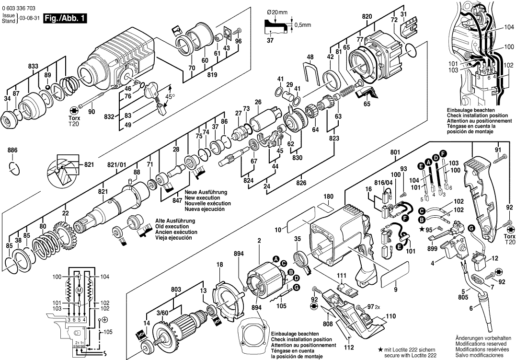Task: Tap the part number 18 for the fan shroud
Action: pyautogui.click(x=219, y=265)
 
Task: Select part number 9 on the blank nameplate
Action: pyautogui.click(x=396, y=289)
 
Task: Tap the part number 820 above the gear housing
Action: pyautogui.click(x=367, y=16)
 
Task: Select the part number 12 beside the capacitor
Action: pyautogui.click(x=495, y=258)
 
